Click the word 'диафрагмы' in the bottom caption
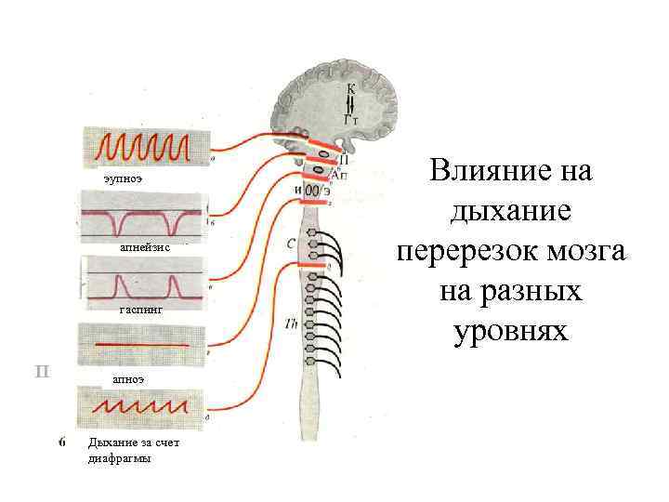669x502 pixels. [115, 458]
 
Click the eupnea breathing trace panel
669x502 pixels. [146, 146]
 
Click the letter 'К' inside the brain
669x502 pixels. [350, 88]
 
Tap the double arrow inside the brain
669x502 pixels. [350, 102]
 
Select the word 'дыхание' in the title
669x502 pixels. [510, 212]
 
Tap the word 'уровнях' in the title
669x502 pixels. [510, 331]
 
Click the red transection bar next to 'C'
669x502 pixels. [315, 265]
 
